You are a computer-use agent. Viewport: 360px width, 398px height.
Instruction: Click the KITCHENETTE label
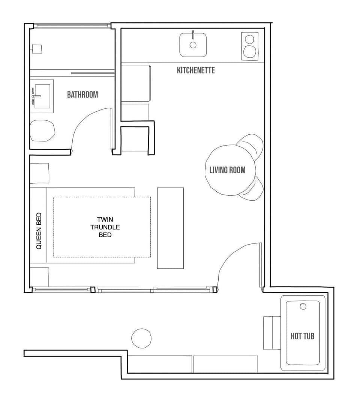pos(196,70)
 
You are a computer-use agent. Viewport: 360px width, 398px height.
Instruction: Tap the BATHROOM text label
pos(82,95)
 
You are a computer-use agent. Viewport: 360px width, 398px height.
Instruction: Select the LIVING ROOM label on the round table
pos(227,170)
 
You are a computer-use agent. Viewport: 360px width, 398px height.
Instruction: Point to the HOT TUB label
pos(302,336)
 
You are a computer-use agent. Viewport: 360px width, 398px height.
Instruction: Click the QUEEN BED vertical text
pos(39,231)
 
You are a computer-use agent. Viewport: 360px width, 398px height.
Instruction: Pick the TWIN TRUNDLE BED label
pos(105,227)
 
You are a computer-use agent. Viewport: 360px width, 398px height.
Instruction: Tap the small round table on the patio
pos(141,338)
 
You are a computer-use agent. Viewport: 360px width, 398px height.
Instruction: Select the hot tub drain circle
pos(303,306)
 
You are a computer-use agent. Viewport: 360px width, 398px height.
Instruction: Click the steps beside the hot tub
pos(272,332)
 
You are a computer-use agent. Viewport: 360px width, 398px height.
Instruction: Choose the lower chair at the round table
pos(256,188)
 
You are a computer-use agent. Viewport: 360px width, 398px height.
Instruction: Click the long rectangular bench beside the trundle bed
pos(170,228)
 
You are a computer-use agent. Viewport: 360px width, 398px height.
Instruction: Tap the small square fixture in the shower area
pos(36,49)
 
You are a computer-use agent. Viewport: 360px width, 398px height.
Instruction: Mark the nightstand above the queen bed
pos(40,173)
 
